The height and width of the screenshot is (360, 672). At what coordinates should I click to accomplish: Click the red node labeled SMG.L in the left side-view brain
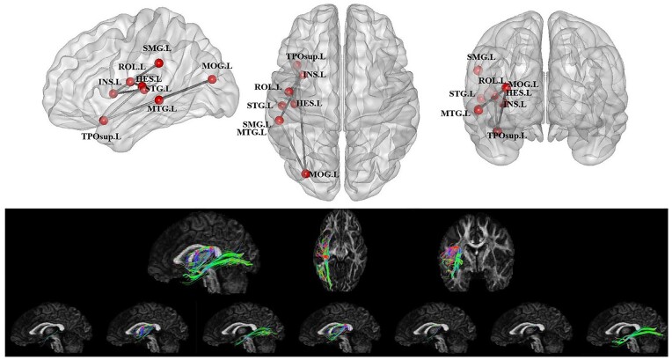[x=158, y=63]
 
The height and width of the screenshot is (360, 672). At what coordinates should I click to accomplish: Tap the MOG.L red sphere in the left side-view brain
[x=212, y=80]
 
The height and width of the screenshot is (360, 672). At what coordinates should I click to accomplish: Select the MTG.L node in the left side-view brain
[x=158, y=100]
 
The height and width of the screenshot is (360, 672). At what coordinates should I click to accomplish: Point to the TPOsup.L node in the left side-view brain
[x=104, y=121]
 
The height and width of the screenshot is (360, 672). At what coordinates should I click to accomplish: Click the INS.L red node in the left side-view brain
[x=113, y=93]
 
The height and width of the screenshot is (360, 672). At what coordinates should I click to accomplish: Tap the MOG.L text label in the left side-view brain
[x=217, y=66]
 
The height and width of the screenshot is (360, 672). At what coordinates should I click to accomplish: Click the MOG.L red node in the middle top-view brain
[x=305, y=174]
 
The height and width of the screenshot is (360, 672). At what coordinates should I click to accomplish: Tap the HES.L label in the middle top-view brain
[x=309, y=104]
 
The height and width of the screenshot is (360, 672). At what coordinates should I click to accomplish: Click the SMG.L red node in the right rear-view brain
[x=478, y=70]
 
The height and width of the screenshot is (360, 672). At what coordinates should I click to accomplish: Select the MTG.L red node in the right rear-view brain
[x=478, y=111]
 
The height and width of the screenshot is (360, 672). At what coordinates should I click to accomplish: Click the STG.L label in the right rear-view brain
[x=462, y=93]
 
